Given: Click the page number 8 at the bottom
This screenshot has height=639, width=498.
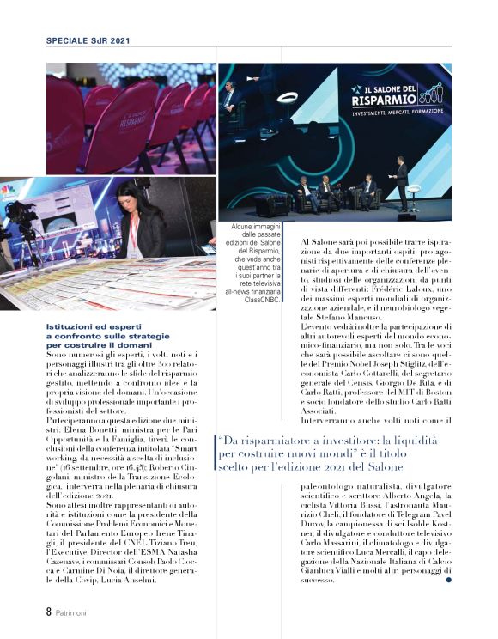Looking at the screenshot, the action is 49,612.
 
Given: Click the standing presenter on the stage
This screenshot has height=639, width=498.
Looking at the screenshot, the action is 401,180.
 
